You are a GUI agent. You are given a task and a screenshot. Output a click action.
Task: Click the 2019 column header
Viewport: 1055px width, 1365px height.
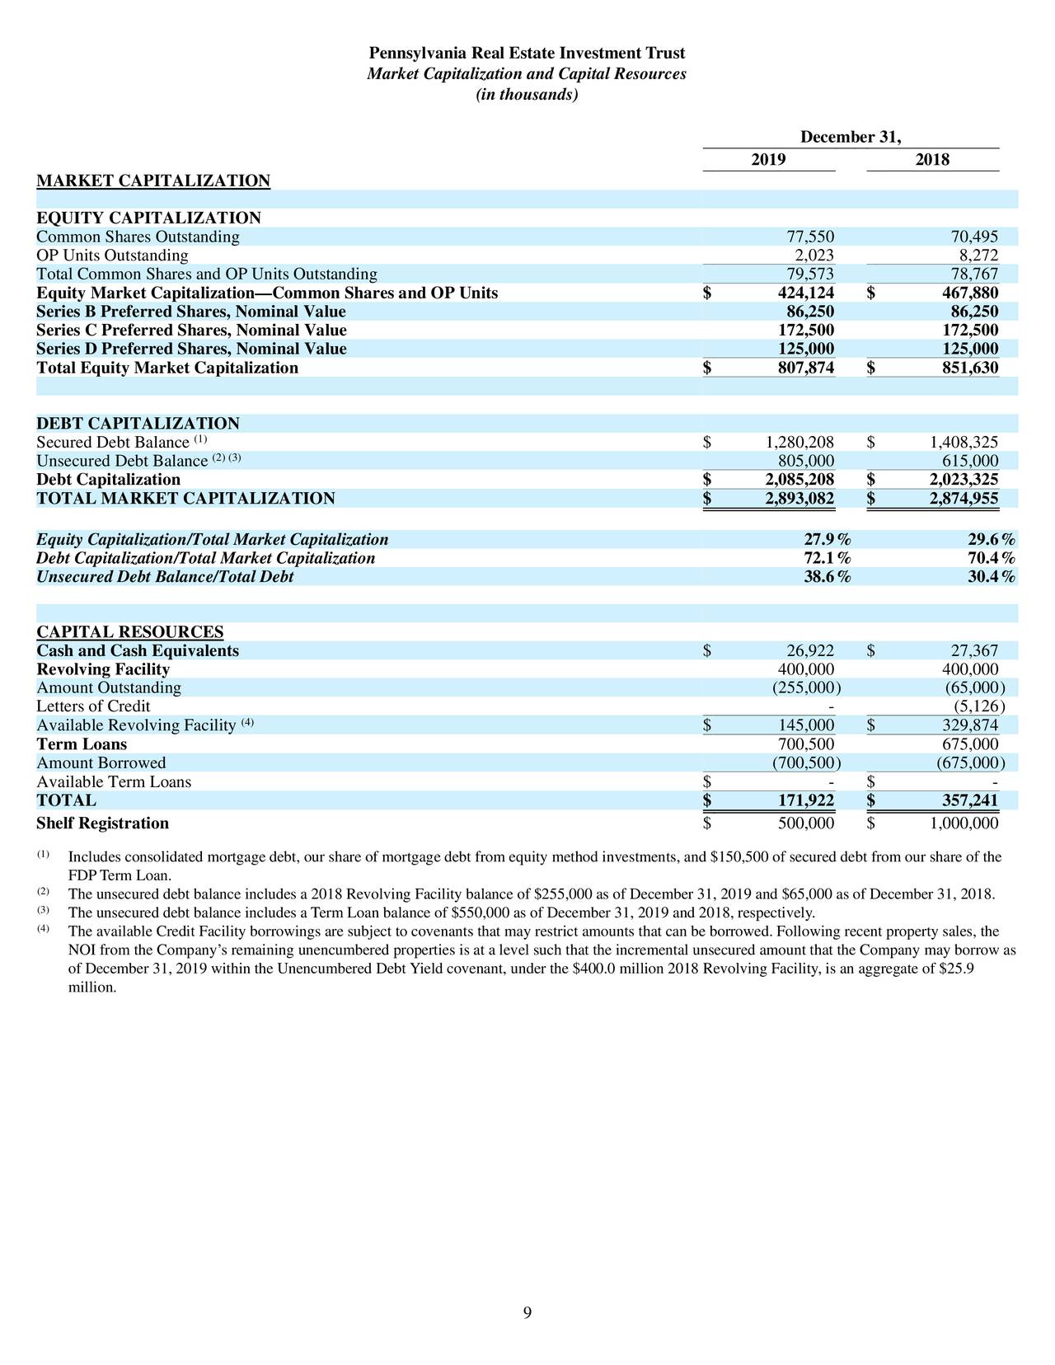coord(768,160)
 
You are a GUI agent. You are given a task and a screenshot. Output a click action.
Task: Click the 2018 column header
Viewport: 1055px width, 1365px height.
coord(932,160)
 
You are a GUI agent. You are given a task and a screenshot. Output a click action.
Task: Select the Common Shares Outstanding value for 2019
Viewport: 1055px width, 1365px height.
coord(810,237)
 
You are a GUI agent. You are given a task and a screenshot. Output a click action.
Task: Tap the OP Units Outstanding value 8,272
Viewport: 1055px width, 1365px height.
coord(975,256)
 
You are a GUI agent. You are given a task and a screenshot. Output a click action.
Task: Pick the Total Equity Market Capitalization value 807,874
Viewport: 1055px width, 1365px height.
coord(805,368)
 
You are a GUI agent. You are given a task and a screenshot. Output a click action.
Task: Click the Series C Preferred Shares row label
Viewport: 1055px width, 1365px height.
coord(190,331)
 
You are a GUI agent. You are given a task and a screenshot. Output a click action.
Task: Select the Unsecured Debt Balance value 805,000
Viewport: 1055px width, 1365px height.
coord(805,462)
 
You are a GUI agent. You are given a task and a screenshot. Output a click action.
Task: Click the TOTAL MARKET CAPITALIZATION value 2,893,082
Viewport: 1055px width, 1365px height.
coord(799,499)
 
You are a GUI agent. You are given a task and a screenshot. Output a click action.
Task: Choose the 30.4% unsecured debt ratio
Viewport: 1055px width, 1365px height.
coord(991,578)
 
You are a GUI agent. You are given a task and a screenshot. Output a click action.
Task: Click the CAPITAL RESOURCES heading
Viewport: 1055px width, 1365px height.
coord(129,632)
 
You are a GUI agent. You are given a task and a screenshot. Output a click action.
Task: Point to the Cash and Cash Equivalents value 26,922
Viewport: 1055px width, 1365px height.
coord(810,651)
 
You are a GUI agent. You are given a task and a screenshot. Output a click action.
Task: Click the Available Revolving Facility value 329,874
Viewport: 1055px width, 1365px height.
coord(970,725)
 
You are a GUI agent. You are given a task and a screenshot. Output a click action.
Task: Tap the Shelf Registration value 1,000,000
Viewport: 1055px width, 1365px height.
coord(959,823)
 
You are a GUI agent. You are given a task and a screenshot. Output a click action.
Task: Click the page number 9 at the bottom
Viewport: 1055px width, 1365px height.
coord(527,1314)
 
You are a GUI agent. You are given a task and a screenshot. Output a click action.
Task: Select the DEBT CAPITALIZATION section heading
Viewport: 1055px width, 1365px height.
coord(138,424)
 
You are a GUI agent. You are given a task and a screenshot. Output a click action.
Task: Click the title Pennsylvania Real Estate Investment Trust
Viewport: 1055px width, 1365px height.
coord(527,54)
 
